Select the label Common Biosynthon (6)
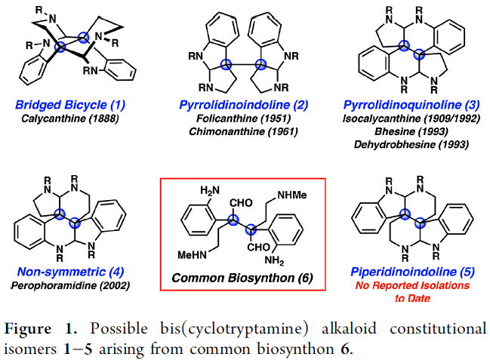[x=242, y=276]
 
